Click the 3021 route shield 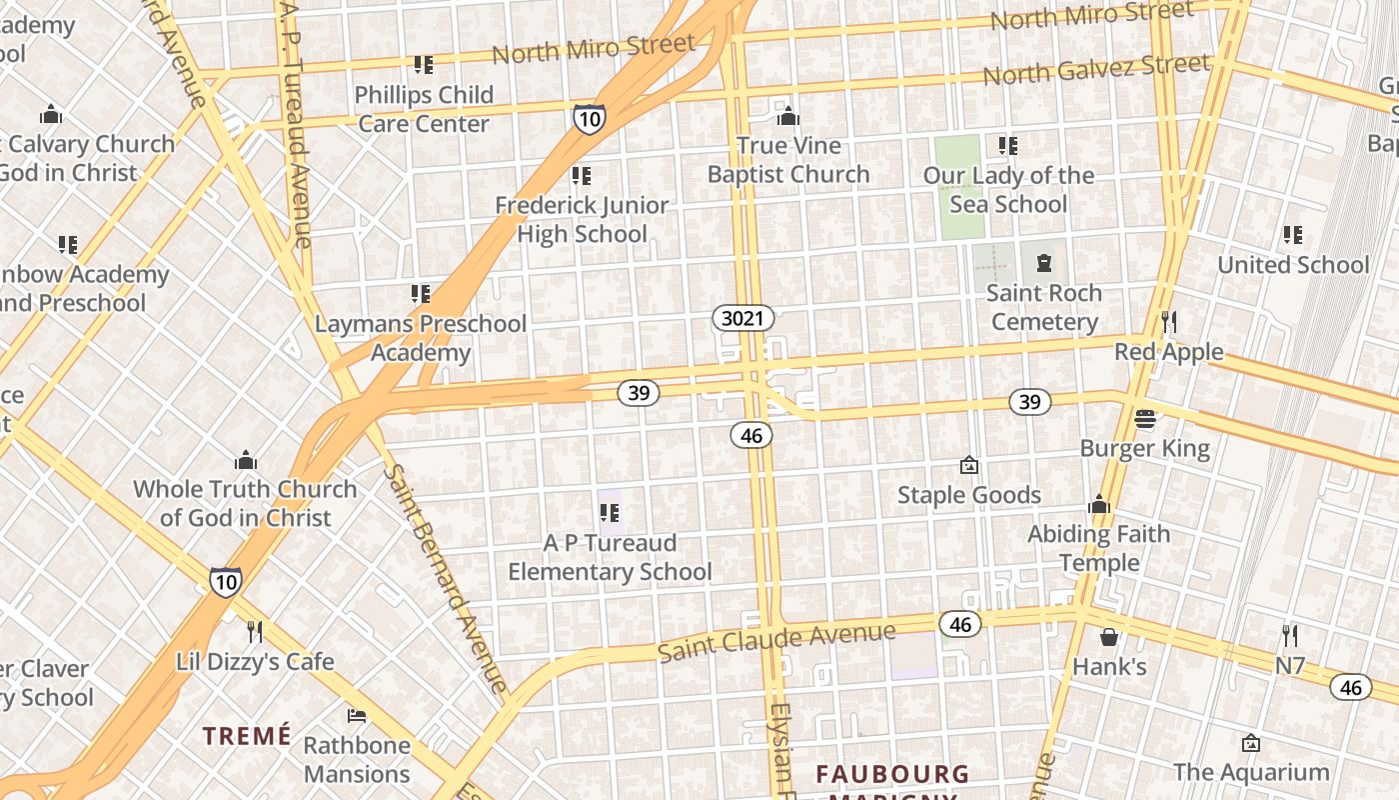743,319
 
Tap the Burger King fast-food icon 1145,418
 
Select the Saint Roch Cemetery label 1044,307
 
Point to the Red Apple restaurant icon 1169,321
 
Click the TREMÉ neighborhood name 247,736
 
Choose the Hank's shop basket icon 1109,637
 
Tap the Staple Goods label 968,495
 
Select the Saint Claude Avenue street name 776,641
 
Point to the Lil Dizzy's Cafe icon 255,631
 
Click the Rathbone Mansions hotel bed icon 357,715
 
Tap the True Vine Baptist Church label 788,160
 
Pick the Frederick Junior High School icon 582,176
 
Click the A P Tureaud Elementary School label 610,557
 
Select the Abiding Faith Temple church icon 1099,505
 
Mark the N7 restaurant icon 1290,635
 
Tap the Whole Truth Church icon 246,460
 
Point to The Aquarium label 1251,772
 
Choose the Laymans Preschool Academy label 421,338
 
